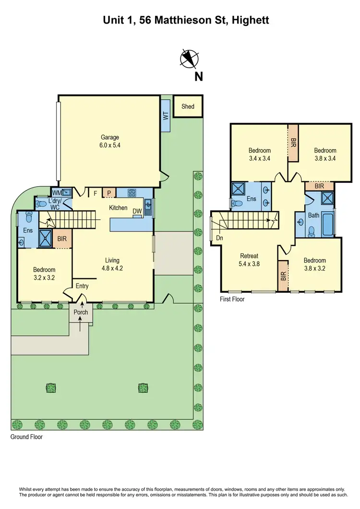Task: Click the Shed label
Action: pyautogui.click(x=188, y=106)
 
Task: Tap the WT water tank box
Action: pyautogui.click(x=165, y=116)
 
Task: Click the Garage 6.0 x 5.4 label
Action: pyautogui.click(x=110, y=141)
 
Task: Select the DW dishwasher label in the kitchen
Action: pyautogui.click(x=137, y=211)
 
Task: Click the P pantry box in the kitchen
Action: pyautogui.click(x=109, y=193)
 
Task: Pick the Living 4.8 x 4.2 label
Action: pyautogui.click(x=112, y=264)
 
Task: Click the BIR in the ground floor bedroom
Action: pyautogui.click(x=62, y=238)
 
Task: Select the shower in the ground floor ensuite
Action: pyautogui.click(x=46, y=238)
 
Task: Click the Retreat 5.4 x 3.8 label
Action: pyautogui.click(x=249, y=260)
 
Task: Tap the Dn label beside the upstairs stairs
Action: pyautogui.click(x=219, y=237)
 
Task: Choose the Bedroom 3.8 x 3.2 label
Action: pyautogui.click(x=315, y=264)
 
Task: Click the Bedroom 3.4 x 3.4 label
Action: pyautogui.click(x=259, y=154)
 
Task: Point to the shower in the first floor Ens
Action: pyautogui.click(x=239, y=188)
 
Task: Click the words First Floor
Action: pyautogui.click(x=232, y=299)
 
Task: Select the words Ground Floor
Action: pyautogui.click(x=26, y=437)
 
